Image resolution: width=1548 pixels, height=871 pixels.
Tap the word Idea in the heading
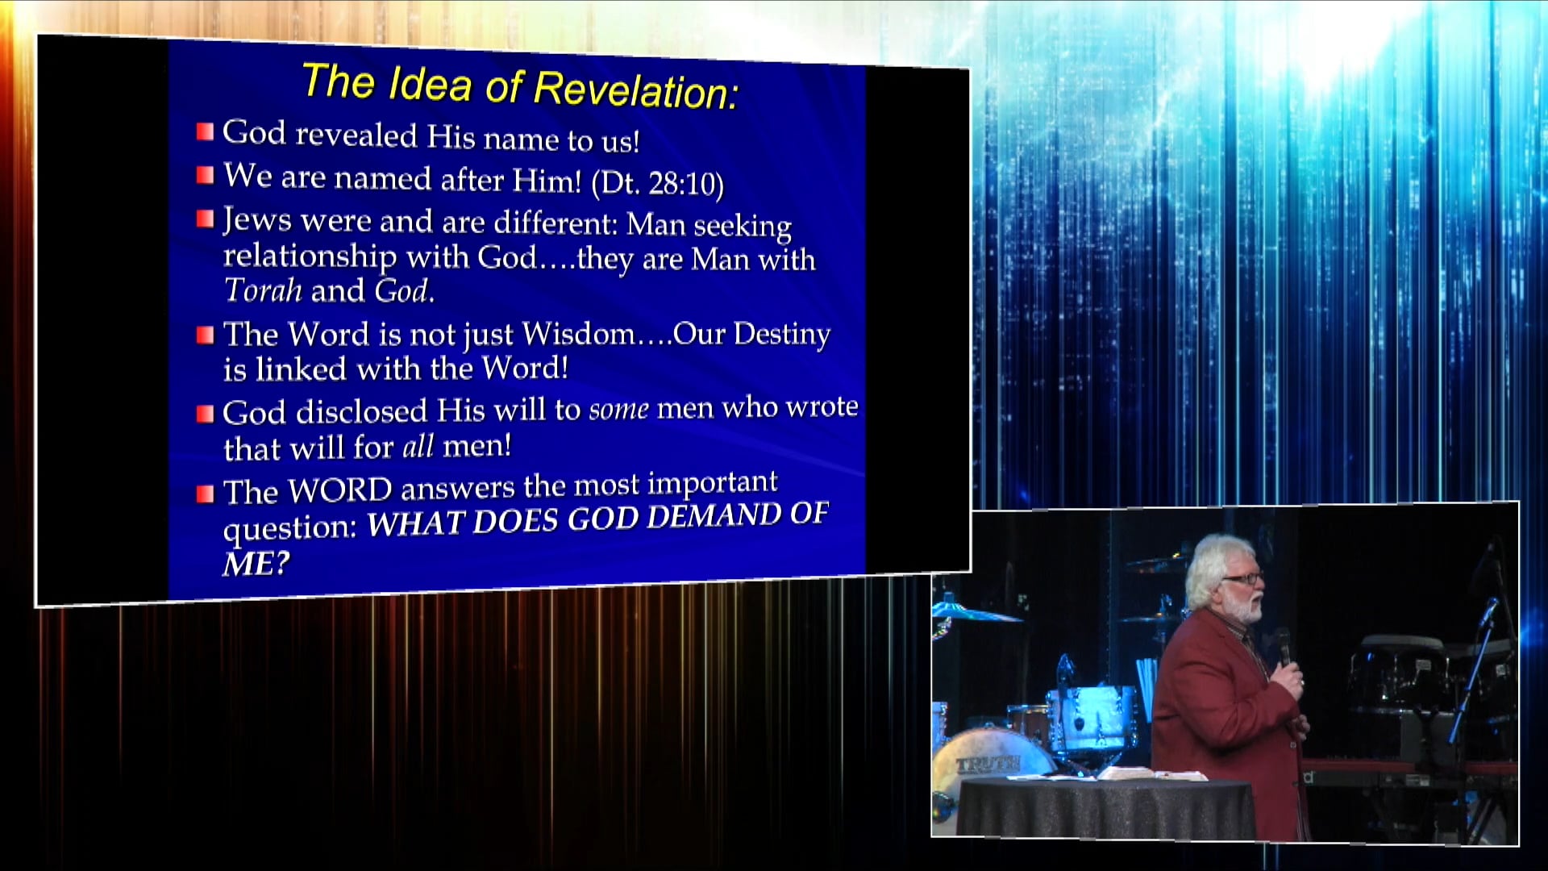coord(430,84)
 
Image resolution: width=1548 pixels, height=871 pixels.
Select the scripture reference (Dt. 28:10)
coord(658,183)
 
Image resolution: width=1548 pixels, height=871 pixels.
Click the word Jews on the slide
coord(256,219)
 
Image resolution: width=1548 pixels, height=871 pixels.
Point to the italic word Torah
coord(263,290)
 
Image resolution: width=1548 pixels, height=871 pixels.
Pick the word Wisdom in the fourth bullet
coord(578,333)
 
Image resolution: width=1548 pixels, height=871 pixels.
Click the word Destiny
coord(781,334)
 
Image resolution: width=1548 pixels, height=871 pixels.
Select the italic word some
coord(618,410)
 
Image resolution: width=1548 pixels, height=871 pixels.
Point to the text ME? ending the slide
coord(256,564)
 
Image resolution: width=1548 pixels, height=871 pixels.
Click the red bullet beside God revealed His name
coord(206,131)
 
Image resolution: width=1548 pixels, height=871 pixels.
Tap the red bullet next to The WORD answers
coord(206,493)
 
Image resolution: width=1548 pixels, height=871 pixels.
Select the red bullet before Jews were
coord(206,219)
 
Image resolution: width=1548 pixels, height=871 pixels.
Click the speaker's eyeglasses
coord(1242,577)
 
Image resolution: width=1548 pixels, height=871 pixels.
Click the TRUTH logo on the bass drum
coord(988,763)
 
